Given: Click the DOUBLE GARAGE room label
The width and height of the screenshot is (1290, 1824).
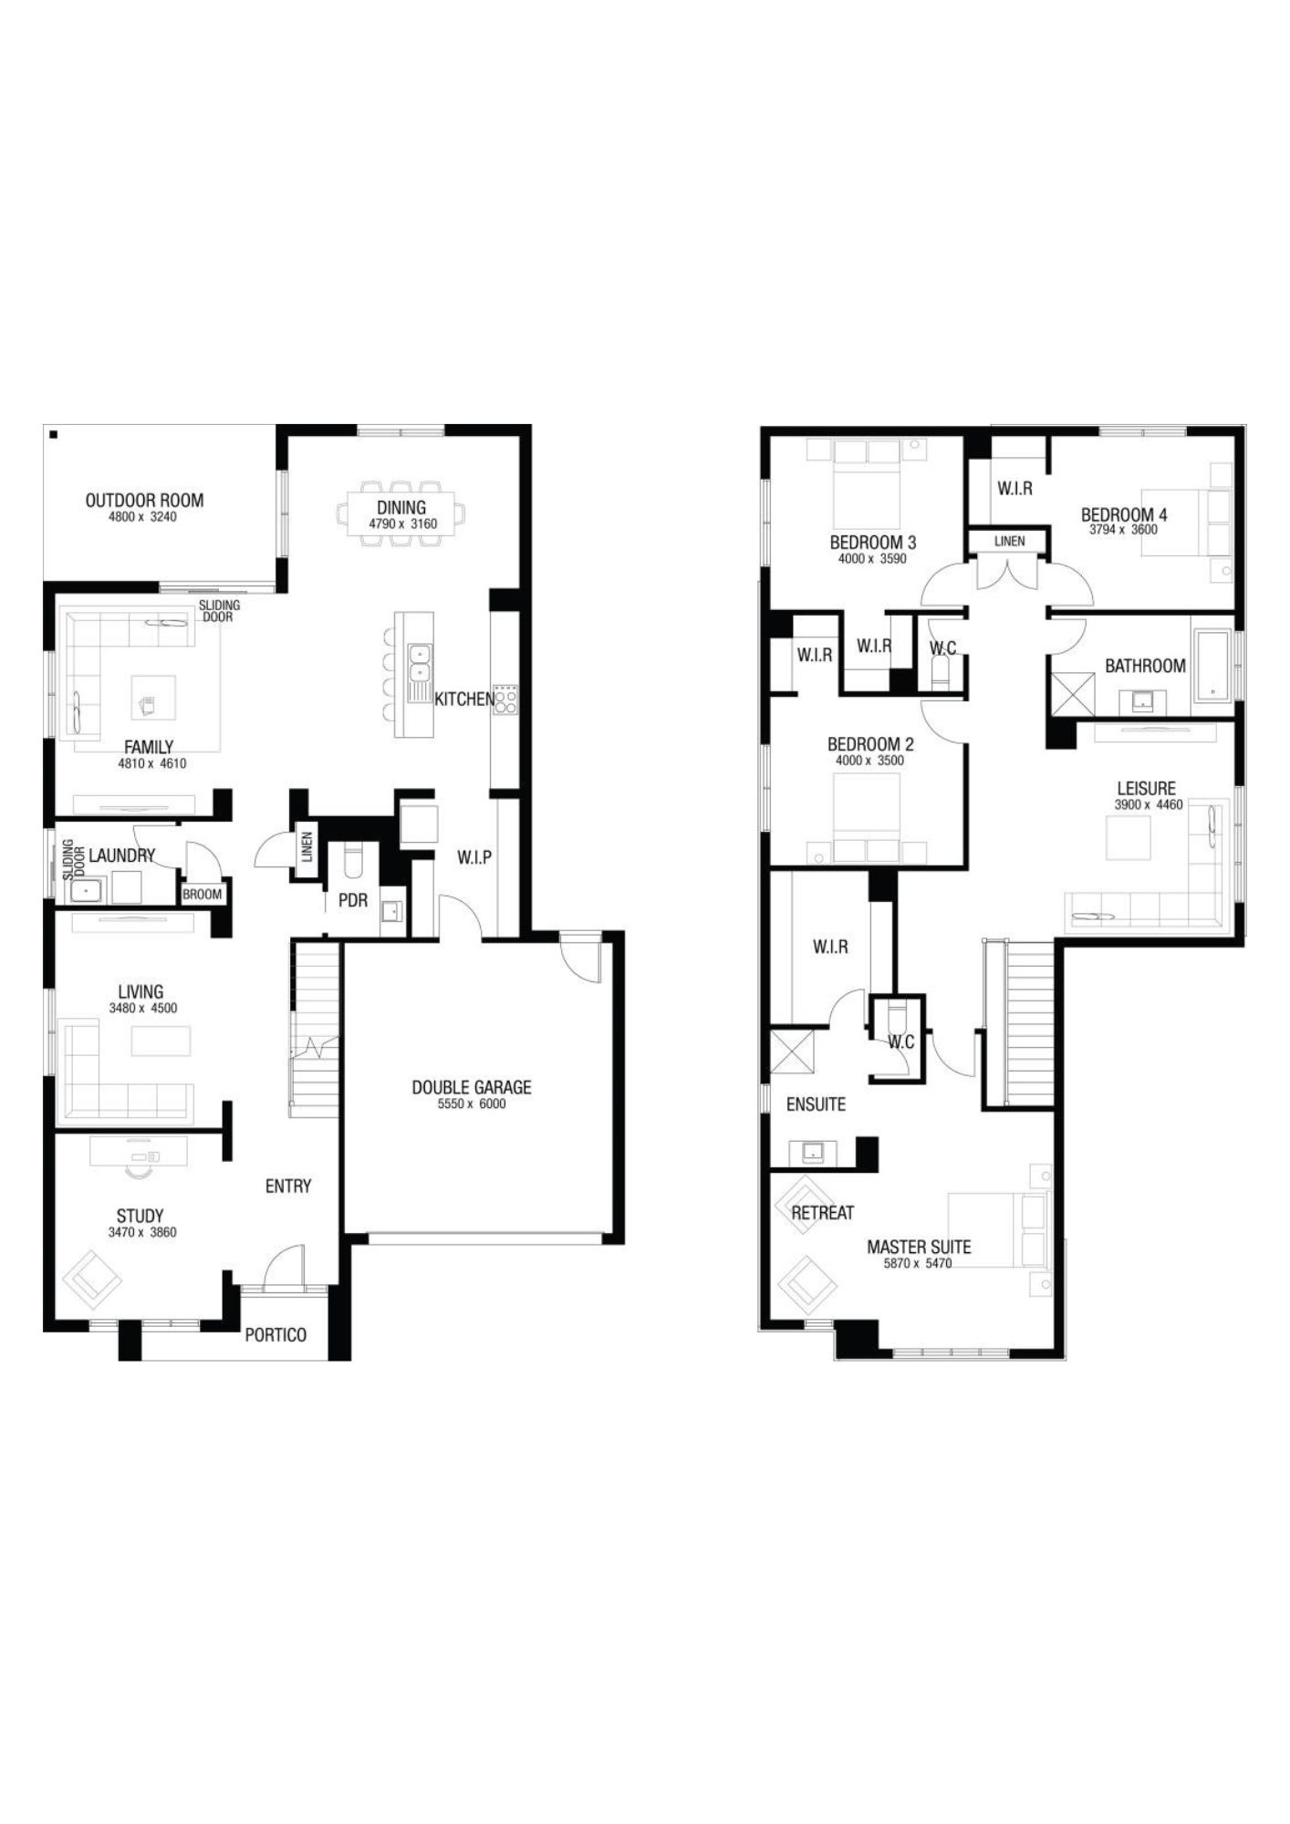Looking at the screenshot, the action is (x=471, y=1087).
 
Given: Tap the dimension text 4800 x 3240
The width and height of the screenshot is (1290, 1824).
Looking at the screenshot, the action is (x=144, y=517).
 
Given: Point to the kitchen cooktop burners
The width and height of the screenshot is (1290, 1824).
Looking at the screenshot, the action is (x=505, y=699).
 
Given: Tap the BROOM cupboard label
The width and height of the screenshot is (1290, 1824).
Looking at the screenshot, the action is (x=203, y=894).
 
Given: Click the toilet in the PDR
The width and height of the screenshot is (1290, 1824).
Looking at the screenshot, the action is (x=352, y=859).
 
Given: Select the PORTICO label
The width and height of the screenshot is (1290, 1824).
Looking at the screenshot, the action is (x=276, y=1334).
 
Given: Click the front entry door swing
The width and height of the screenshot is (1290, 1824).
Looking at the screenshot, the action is (x=281, y=1268).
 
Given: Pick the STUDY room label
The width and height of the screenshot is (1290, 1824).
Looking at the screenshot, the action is (x=140, y=1216).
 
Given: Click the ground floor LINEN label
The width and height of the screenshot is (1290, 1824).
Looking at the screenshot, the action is (x=307, y=847).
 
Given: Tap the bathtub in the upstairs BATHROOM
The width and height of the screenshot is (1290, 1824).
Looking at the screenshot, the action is (x=1212, y=665).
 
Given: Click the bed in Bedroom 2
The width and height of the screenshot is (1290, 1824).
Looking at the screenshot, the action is (x=867, y=817).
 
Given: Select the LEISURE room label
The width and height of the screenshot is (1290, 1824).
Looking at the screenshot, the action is (x=1147, y=788).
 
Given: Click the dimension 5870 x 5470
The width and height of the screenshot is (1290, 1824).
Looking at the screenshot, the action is (x=918, y=1263).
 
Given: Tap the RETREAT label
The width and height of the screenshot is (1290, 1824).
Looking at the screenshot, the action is (x=822, y=1213).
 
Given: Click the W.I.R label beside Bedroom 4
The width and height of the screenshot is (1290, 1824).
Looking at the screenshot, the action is (x=1014, y=489).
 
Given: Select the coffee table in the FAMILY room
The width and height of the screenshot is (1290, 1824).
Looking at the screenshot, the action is (x=153, y=701).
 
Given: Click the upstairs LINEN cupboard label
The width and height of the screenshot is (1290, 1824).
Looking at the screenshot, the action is (x=1009, y=541).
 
